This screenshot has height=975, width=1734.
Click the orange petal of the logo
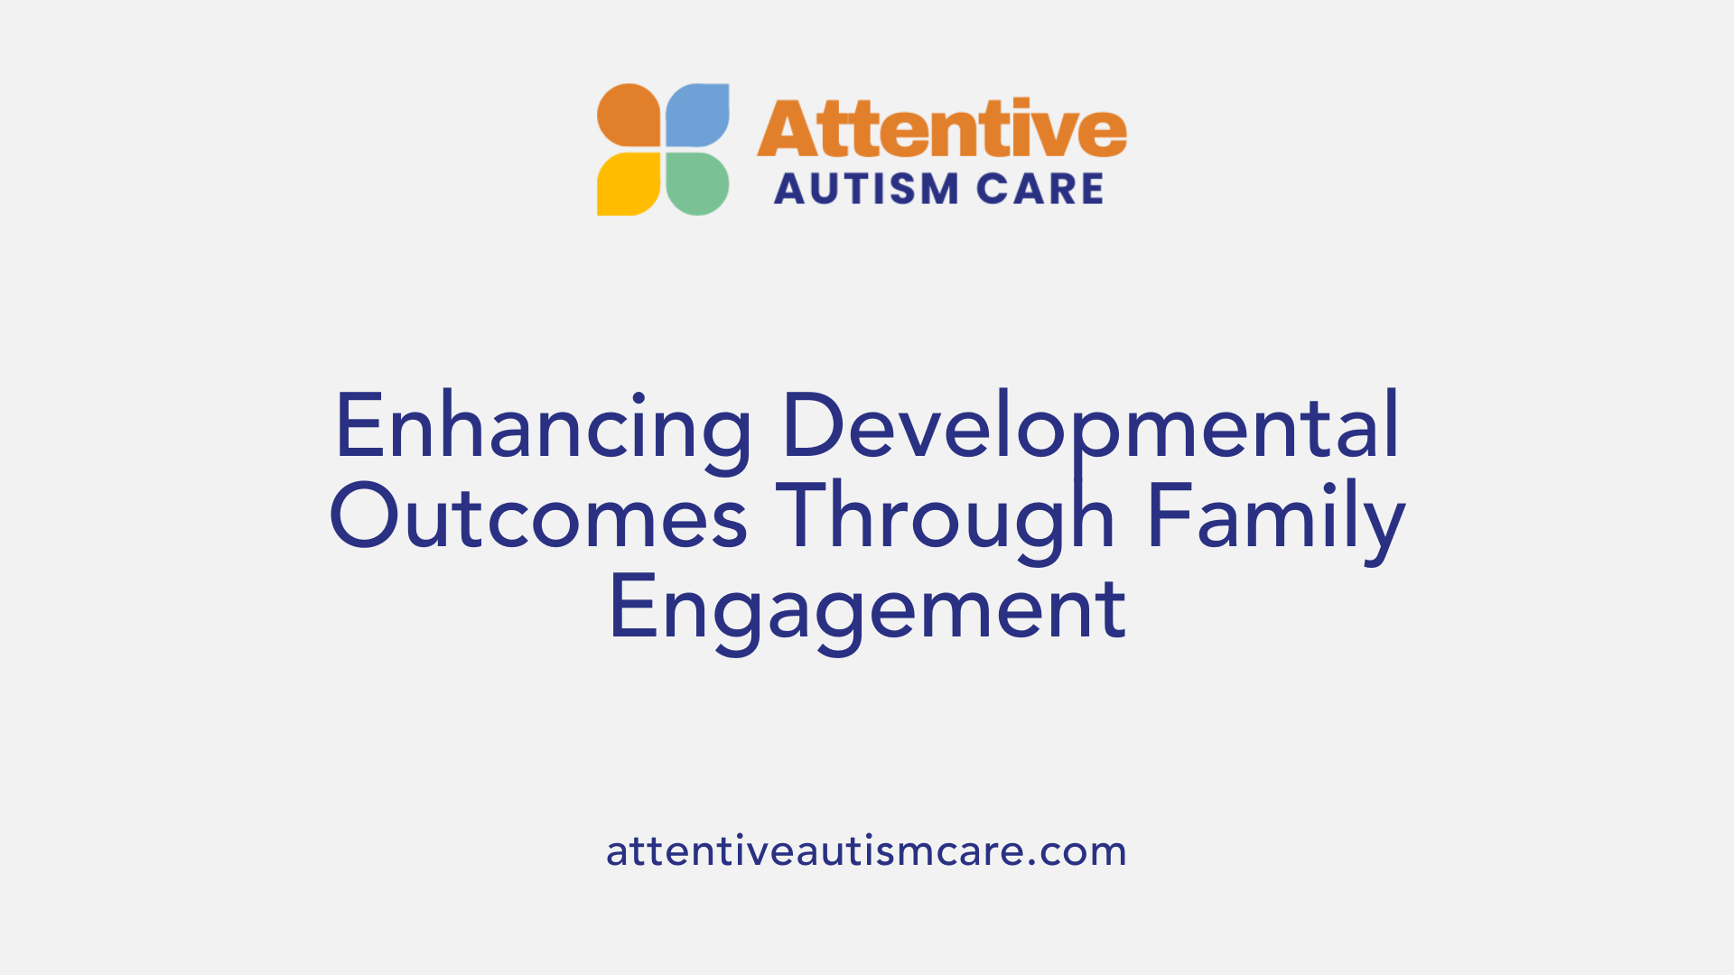point(629,116)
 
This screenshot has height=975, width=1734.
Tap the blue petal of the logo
point(697,116)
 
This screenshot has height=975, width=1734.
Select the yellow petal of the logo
point(629,183)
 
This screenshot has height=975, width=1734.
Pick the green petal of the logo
point(697,183)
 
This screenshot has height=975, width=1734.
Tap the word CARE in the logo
point(1040,190)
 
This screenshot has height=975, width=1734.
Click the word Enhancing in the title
point(543,427)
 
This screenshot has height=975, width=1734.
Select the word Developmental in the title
point(1090,427)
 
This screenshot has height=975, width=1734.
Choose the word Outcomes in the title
point(539,517)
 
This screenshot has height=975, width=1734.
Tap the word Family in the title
point(1275,517)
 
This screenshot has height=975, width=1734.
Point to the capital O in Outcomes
point(363,517)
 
